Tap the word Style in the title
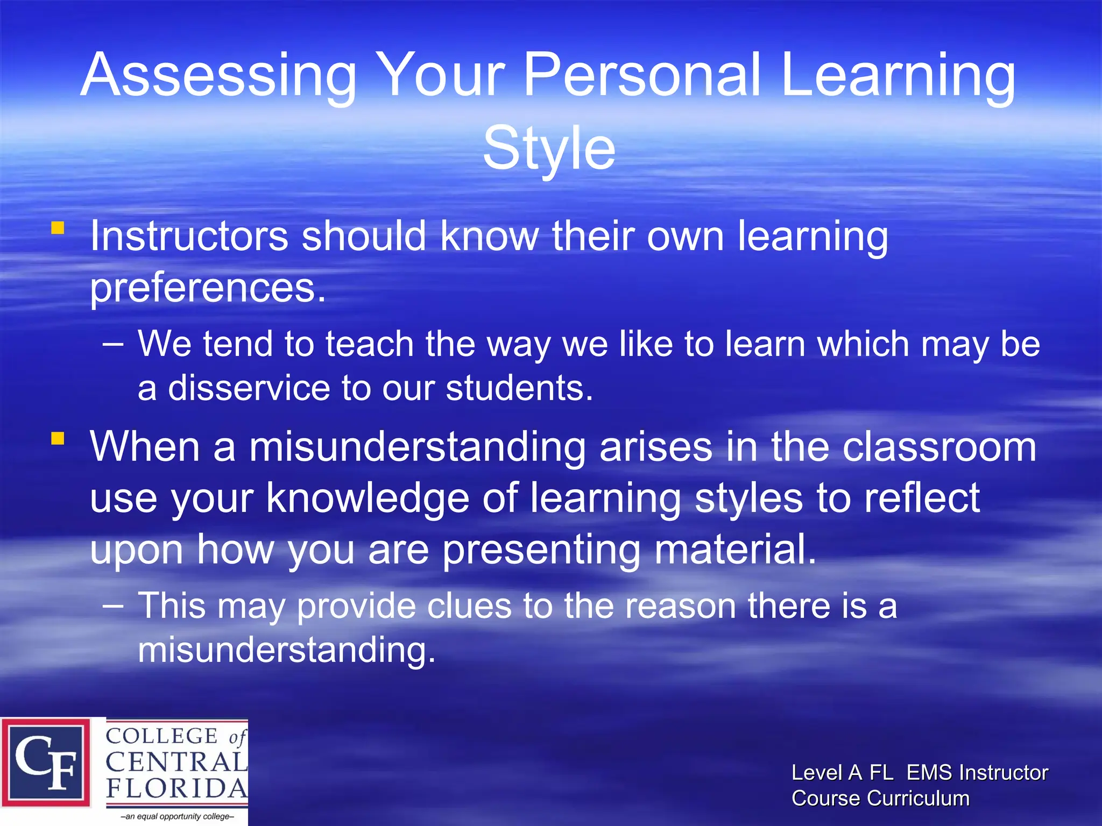pyautogui.click(x=549, y=148)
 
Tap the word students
pyautogui.click(x=519, y=388)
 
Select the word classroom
pyautogui.click(x=939, y=447)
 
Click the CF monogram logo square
pyautogui.click(x=46, y=763)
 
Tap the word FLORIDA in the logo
pyautogui.click(x=176, y=788)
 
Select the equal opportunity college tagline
pyautogui.click(x=177, y=816)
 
